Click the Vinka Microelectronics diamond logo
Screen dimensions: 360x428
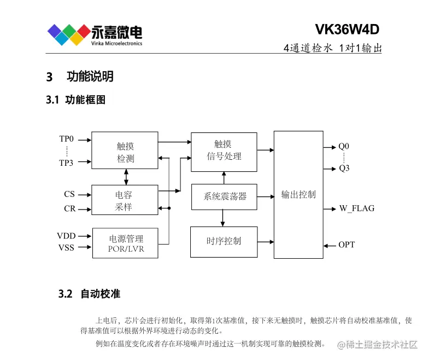pyautogui.click(x=69, y=34)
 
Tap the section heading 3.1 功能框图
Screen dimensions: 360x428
pyautogui.click(x=75, y=100)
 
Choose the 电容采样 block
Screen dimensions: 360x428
pyautogui.click(x=125, y=200)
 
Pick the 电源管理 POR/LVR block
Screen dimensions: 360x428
pyautogui.click(x=125, y=243)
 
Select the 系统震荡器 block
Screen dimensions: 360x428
pyautogui.click(x=224, y=196)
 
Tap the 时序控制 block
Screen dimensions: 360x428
pyautogui.click(x=224, y=241)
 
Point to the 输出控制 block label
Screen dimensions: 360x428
pyautogui.click(x=298, y=195)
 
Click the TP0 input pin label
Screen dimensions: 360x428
pyautogui.click(x=66, y=139)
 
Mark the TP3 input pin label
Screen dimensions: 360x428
pyautogui.click(x=66, y=162)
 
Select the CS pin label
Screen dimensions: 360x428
pyautogui.click(x=69, y=194)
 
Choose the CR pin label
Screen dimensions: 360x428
pyautogui.click(x=69, y=208)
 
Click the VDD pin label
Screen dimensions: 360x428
pyautogui.click(x=66, y=236)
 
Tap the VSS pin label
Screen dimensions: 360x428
pyautogui.click(x=66, y=248)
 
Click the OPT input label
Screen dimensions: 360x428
pyautogui.click(x=346, y=245)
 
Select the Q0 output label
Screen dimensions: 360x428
pyautogui.click(x=343, y=147)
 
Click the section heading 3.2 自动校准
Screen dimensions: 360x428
pyautogui.click(x=89, y=294)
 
